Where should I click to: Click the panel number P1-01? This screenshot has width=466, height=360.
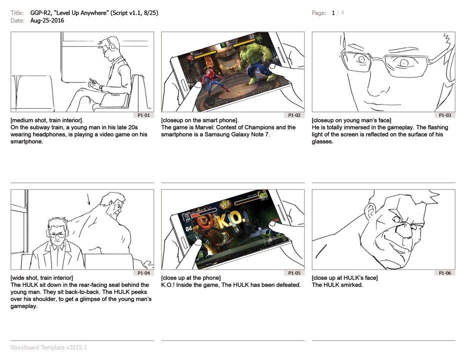coord(143,115)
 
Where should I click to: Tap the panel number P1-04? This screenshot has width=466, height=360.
coord(143,273)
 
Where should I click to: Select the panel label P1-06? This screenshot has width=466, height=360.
coord(445,273)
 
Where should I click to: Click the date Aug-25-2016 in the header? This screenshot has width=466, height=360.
coord(47,20)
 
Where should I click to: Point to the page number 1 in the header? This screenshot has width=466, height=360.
coord(333,13)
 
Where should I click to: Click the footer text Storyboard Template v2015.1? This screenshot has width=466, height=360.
coord(48,347)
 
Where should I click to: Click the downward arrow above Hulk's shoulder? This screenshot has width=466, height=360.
coord(88,199)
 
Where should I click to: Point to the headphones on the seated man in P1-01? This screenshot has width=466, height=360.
coord(112,46)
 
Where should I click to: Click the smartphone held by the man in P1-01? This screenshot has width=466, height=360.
coord(92,81)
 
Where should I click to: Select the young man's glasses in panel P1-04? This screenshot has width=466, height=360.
coord(57,235)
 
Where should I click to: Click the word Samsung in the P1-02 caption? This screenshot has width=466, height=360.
coord(216,134)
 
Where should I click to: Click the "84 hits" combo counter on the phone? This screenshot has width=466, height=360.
coord(192,228)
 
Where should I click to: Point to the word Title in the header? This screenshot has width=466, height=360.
coord(17,13)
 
